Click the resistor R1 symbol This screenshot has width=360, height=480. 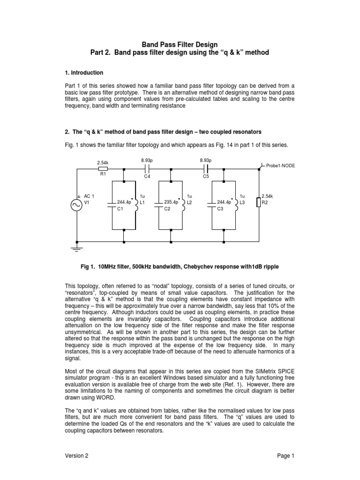[x=104, y=169]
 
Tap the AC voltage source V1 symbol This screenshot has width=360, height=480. [x=77, y=205]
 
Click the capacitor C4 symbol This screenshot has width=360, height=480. [x=147, y=169]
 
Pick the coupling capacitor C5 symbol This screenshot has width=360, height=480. [x=206, y=169]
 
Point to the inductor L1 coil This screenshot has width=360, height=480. [x=136, y=205]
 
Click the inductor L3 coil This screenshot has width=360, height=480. [x=236, y=205]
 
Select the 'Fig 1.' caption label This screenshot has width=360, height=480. [x=90, y=267]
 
